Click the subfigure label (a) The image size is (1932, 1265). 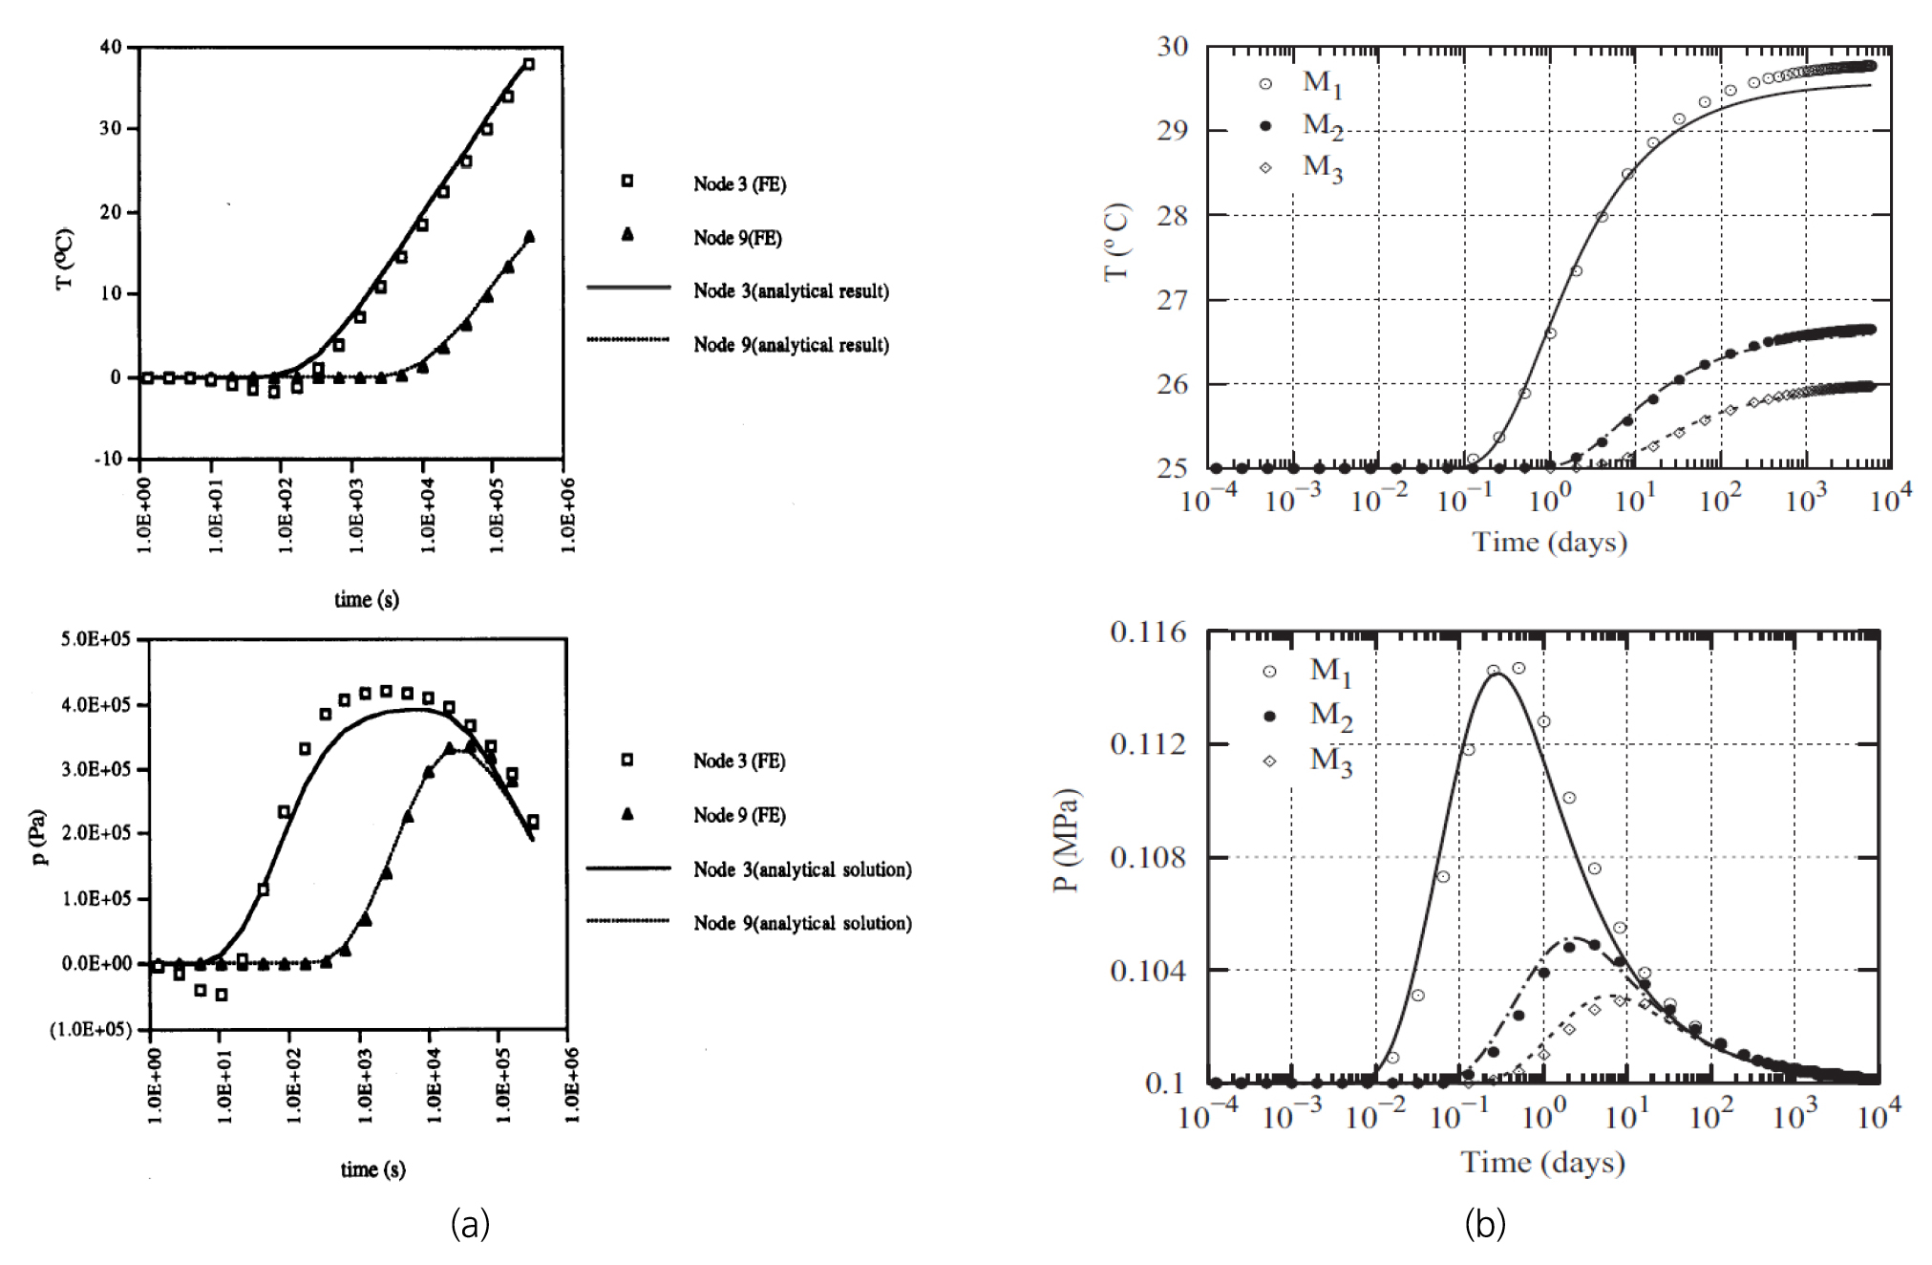click(x=470, y=1224)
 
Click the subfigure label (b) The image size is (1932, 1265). click(x=1485, y=1224)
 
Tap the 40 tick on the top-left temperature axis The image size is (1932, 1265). click(x=111, y=47)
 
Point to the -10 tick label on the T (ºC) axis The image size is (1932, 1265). click(x=108, y=459)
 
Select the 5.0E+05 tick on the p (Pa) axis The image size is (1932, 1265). click(x=96, y=639)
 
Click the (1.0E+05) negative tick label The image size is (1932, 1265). click(x=91, y=1029)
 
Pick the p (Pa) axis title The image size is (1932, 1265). click(x=38, y=837)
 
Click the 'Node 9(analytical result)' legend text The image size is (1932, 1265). click(x=791, y=345)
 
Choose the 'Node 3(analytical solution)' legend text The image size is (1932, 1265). click(x=802, y=869)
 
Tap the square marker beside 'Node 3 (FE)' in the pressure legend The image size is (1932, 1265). click(x=627, y=760)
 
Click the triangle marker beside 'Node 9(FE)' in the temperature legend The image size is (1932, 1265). click(x=627, y=234)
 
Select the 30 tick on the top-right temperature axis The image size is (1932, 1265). click(x=1173, y=47)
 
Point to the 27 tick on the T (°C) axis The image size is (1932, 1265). click(x=1173, y=300)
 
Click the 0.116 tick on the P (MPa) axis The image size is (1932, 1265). click(x=1148, y=632)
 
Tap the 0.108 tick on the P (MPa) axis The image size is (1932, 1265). click(x=1148, y=857)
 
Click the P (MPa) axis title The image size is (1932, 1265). click(x=1066, y=840)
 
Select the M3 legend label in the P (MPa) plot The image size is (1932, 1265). click(x=1330, y=761)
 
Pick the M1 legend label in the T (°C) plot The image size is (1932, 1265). click(x=1323, y=84)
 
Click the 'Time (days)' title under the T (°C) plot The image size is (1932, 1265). click(x=1549, y=543)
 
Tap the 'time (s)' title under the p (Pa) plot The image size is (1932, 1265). click(x=372, y=1169)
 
